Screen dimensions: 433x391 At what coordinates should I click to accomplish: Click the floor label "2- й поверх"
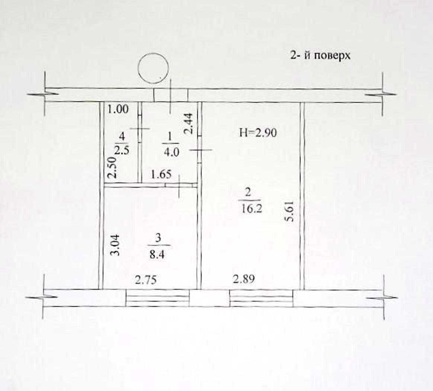tap(320, 55)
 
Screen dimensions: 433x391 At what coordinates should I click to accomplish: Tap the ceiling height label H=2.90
tap(258, 133)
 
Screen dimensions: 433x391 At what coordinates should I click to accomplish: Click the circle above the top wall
tap(153, 68)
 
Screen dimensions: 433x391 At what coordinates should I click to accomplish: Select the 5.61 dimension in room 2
tap(290, 210)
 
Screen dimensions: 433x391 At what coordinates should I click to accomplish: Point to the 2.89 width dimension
tap(244, 279)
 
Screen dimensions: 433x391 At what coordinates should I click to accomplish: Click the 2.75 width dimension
tap(145, 280)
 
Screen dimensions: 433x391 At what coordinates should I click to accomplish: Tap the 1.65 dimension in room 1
tap(161, 175)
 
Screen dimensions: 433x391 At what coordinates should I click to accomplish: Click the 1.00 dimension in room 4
tap(118, 109)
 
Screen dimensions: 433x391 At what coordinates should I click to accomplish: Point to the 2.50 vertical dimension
tap(112, 168)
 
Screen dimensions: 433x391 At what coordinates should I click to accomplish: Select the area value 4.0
tap(171, 152)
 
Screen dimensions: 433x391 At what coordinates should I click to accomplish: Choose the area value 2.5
tap(122, 151)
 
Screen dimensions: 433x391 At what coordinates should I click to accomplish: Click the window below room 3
tap(158, 298)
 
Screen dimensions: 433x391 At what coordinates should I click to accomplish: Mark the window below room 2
tap(261, 298)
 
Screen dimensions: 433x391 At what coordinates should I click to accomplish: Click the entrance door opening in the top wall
tap(171, 95)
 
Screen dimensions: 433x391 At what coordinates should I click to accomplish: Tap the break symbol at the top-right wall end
tap(382, 94)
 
